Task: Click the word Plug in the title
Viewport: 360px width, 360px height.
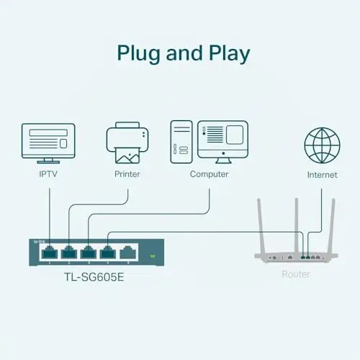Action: click(x=138, y=54)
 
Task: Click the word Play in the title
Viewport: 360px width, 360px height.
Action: click(x=229, y=54)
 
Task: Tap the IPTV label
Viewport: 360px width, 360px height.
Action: click(x=48, y=174)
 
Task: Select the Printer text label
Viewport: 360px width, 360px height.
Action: click(x=127, y=174)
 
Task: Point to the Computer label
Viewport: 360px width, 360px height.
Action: click(x=209, y=174)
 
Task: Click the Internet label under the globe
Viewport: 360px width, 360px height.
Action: click(x=322, y=175)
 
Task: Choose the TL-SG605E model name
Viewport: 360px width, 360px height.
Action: click(x=94, y=277)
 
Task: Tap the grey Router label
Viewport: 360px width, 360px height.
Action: click(x=296, y=274)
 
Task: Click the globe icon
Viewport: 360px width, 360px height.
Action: click(x=322, y=145)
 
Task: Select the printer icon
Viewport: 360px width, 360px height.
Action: click(x=127, y=143)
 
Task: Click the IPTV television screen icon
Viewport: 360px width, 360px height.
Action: click(x=48, y=143)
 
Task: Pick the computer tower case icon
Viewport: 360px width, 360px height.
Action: click(x=181, y=142)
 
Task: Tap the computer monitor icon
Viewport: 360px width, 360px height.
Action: click(x=222, y=142)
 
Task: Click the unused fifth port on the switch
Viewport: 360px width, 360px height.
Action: click(x=127, y=253)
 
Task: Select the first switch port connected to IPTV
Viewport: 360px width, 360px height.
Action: click(x=50, y=253)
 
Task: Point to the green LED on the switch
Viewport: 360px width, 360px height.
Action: click(x=153, y=256)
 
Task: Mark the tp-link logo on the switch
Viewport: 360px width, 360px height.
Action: click(x=38, y=241)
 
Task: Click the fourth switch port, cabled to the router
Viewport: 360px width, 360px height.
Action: click(x=108, y=253)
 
